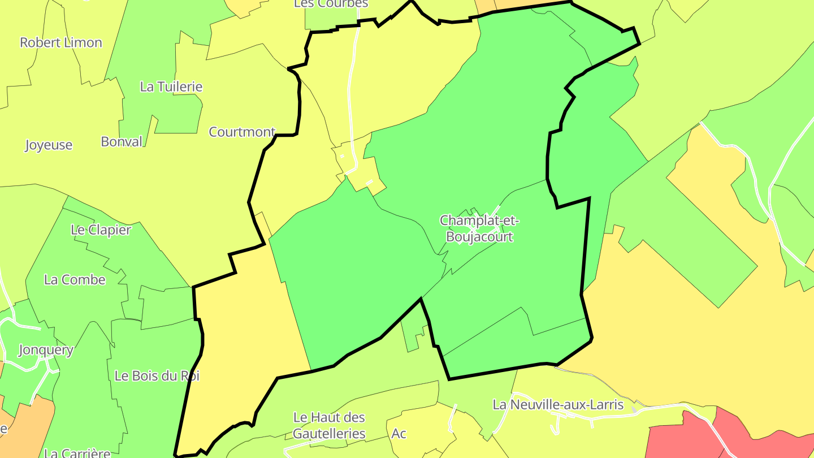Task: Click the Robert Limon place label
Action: pos(61,43)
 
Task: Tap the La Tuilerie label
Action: pos(171,87)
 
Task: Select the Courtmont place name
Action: pos(242,132)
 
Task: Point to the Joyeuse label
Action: pos(49,145)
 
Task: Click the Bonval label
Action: pos(122,142)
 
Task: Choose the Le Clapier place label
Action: pos(101,230)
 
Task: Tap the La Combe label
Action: pos(75,280)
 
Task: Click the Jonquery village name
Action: pos(46,350)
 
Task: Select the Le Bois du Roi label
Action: pos(157,376)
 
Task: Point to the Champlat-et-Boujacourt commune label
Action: pos(479,228)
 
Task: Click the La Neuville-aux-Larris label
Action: pos(558,405)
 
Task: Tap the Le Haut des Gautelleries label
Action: pos(329,426)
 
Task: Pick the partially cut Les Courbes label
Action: pos(331,4)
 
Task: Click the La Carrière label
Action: pos(77,453)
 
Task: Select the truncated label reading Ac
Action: pos(399,434)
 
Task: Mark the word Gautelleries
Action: pos(329,434)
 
